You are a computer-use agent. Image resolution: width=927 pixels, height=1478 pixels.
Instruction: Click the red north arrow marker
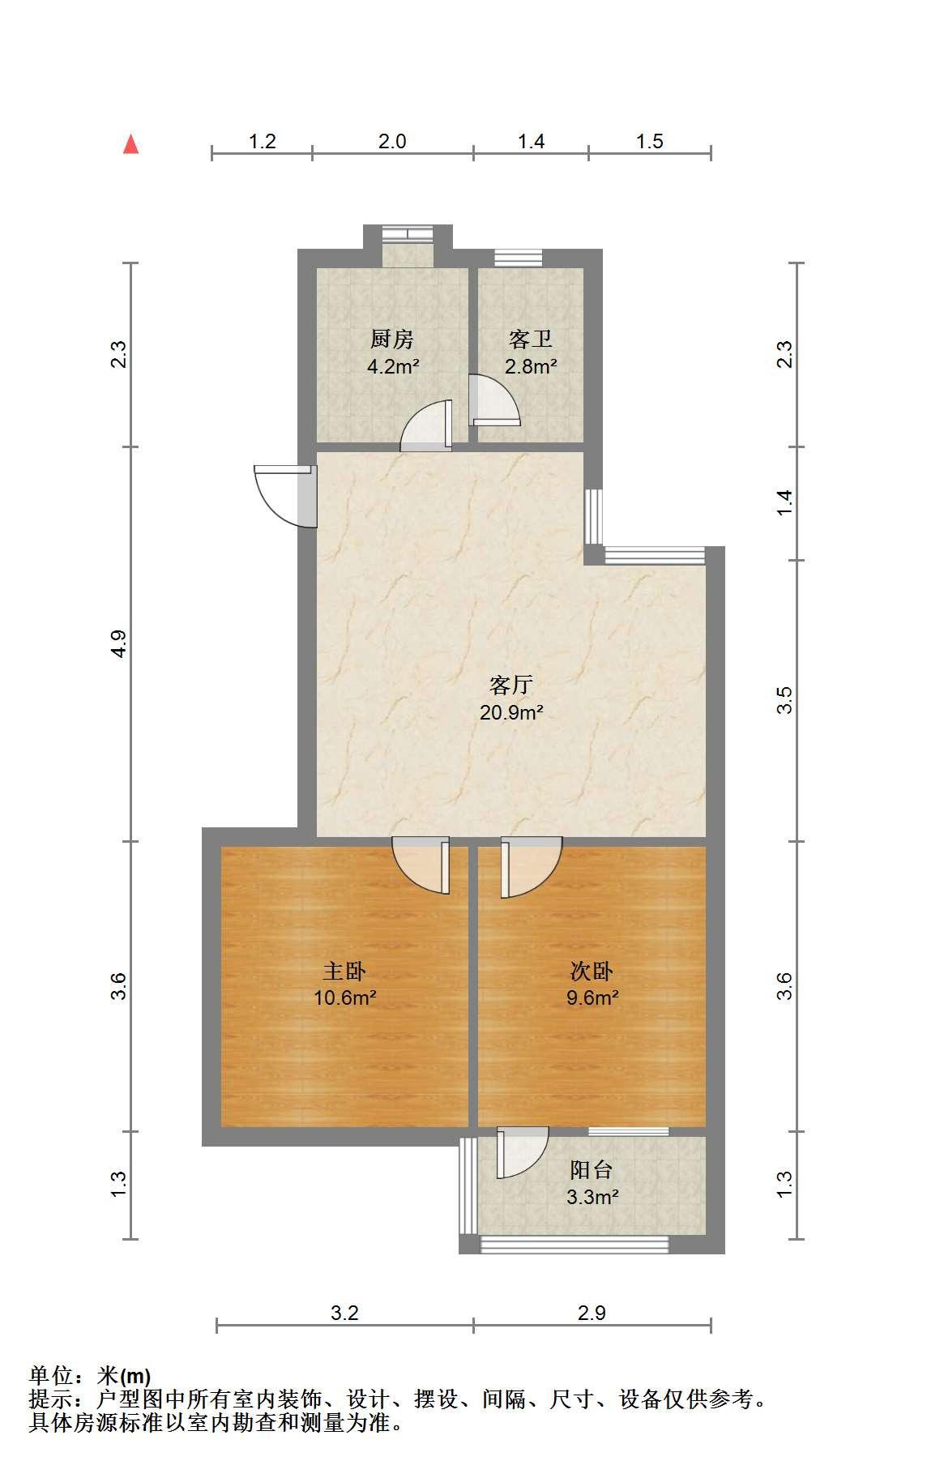pyautogui.click(x=130, y=144)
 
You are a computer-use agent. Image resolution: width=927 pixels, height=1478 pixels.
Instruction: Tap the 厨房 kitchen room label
pyautogui.click(x=392, y=339)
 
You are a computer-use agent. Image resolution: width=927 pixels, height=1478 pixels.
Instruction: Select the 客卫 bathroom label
pyautogui.click(x=531, y=339)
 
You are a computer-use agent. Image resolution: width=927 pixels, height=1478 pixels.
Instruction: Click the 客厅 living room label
pyautogui.click(x=511, y=686)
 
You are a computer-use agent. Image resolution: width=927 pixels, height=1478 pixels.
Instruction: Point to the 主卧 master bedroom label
pyautogui.click(x=344, y=971)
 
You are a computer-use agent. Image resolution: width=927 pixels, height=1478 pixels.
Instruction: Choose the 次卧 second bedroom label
pyautogui.click(x=592, y=971)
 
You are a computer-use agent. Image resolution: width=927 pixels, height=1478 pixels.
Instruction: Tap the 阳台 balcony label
pyautogui.click(x=592, y=1169)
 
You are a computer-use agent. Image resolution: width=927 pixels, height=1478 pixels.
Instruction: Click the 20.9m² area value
pyautogui.click(x=511, y=713)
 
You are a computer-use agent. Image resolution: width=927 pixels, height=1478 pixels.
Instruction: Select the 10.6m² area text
pyautogui.click(x=344, y=997)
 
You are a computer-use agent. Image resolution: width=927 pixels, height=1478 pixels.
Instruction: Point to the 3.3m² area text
pyautogui.click(x=592, y=1197)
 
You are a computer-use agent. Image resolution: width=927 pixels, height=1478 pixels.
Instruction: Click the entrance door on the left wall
pyautogui.click(x=285, y=496)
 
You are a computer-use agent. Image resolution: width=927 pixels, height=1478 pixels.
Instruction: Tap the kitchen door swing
pyautogui.click(x=426, y=425)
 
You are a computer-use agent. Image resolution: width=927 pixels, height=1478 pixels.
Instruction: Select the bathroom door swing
pyautogui.click(x=494, y=399)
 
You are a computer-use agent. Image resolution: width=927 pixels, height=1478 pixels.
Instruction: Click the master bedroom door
pyautogui.click(x=421, y=865)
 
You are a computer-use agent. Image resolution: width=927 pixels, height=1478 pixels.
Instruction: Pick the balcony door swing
pyautogui.click(x=523, y=1153)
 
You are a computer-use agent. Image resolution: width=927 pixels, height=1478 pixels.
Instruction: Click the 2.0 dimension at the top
pyautogui.click(x=392, y=142)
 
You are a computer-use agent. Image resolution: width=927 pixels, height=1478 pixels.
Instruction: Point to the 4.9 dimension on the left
pyautogui.click(x=119, y=643)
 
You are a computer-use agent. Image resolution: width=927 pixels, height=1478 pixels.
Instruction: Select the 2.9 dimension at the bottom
pyautogui.click(x=592, y=1313)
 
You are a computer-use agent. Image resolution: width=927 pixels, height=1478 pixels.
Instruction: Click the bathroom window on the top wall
pyautogui.click(x=518, y=258)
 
